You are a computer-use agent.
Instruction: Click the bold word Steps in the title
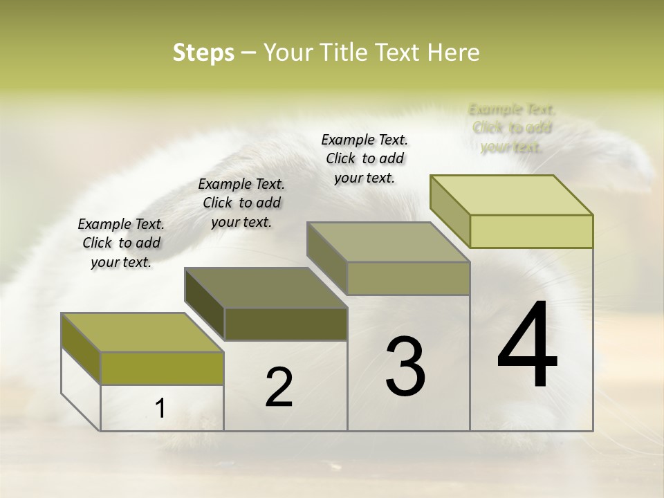203,53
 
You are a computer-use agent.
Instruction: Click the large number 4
527,346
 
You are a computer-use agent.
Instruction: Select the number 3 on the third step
405,367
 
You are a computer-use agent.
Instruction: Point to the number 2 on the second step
279,387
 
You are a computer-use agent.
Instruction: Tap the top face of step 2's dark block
266,288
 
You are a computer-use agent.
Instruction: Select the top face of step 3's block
388,242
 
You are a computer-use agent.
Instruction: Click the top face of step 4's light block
512,195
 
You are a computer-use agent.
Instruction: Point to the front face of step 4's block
531,231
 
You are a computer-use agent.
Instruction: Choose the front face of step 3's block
408,278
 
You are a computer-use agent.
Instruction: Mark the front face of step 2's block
286,324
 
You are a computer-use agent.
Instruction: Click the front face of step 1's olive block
162,368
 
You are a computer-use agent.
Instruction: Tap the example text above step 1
121,243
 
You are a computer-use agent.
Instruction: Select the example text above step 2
241,203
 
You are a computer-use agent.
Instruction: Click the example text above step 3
365,159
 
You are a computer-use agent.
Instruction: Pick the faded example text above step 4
512,128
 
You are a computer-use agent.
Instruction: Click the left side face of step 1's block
81,349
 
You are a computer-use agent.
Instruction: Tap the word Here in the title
454,53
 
